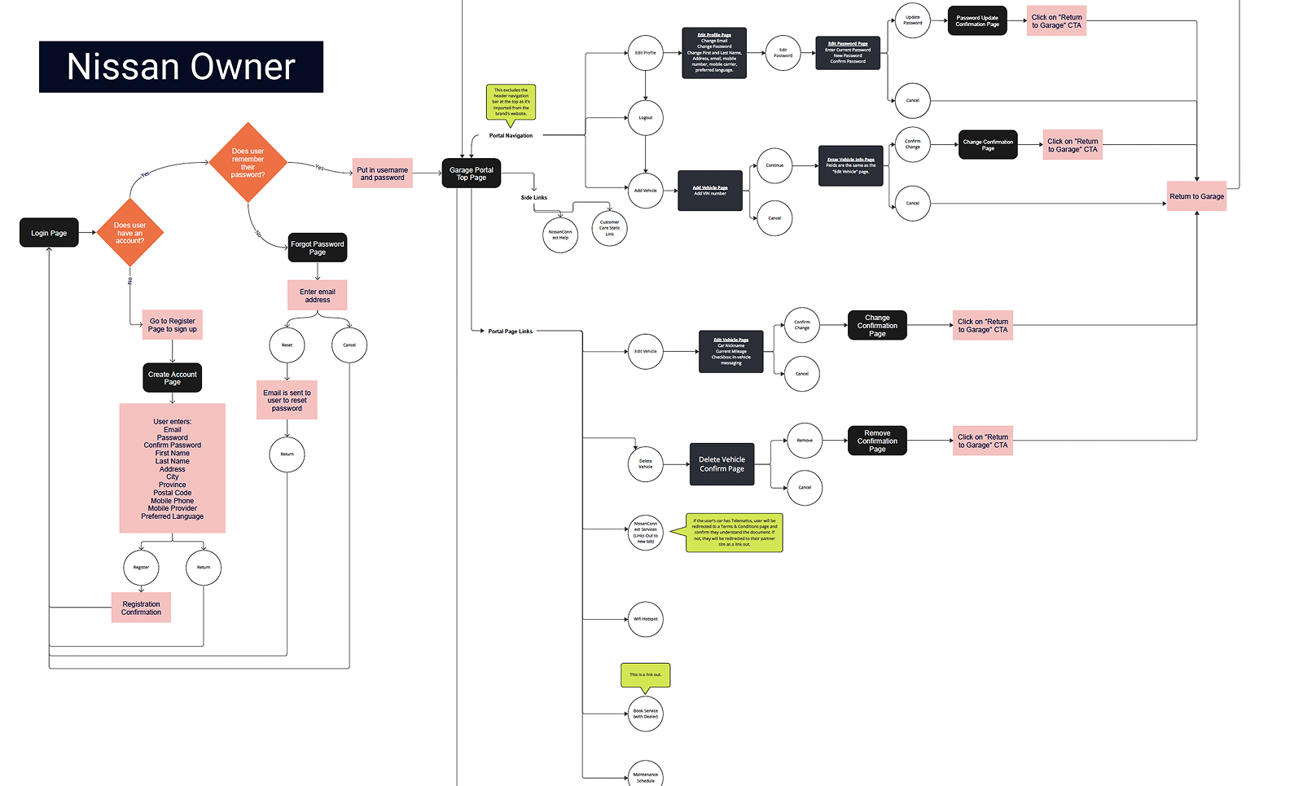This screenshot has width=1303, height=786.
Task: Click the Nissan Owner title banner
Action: (181, 67)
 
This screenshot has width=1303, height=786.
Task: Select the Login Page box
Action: (49, 233)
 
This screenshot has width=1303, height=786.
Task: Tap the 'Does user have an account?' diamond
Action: (130, 233)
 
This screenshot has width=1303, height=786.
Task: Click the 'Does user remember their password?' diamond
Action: (248, 163)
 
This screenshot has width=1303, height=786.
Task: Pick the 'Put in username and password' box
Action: (382, 173)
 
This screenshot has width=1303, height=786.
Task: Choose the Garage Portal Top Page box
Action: (472, 173)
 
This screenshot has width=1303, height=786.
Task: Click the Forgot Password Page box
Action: (318, 248)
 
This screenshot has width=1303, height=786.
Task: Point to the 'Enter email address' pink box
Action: (318, 296)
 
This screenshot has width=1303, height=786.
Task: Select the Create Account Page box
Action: (173, 378)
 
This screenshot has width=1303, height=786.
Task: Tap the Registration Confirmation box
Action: (141, 608)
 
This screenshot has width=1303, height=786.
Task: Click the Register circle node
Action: (141, 567)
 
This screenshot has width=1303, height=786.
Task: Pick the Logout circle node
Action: (646, 118)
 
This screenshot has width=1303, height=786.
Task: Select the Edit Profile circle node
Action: (646, 53)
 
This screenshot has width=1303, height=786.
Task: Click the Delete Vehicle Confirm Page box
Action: (722, 464)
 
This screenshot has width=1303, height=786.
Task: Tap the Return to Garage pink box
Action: (1196, 196)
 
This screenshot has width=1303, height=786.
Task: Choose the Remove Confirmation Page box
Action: (877, 441)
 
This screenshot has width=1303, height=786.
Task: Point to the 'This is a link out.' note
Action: (645, 674)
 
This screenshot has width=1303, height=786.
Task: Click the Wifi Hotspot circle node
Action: (646, 619)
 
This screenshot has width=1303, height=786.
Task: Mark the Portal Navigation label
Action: (511, 136)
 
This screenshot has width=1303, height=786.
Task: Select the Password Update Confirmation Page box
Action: (977, 21)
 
